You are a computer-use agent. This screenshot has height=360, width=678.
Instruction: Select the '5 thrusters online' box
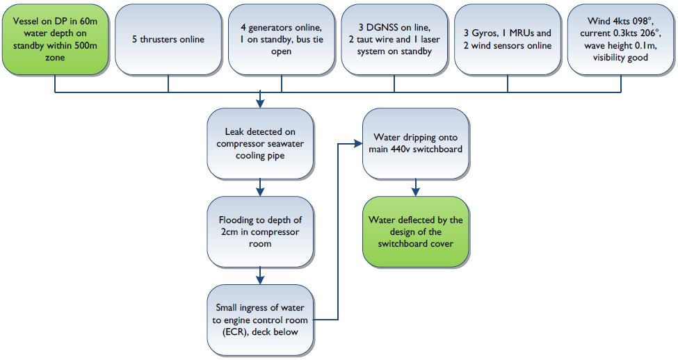[168, 40]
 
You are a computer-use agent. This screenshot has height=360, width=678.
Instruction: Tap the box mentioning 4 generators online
[281, 40]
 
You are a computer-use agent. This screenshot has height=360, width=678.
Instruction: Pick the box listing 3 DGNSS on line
[394, 40]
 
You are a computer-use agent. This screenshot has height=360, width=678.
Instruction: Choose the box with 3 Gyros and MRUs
[508, 40]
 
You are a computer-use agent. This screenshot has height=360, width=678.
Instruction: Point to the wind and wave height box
[620, 40]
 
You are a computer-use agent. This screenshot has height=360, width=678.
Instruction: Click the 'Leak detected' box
[260, 143]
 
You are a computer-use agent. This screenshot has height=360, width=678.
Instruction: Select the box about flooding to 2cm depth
[260, 231]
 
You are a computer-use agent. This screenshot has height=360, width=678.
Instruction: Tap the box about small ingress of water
[260, 320]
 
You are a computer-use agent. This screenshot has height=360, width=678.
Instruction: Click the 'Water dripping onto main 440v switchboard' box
[416, 143]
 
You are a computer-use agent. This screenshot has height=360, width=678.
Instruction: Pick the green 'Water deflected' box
[416, 231]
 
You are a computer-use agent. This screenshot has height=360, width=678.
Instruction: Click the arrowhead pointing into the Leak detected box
[260, 104]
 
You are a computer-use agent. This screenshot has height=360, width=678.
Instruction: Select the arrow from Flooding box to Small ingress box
[260, 276]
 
